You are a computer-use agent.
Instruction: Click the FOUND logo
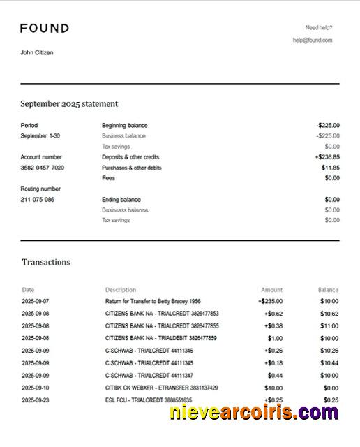coord(45,29)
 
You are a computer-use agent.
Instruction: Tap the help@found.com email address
coord(312,41)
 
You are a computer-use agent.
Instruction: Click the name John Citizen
coord(37,52)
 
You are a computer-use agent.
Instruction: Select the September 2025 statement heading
coord(69,104)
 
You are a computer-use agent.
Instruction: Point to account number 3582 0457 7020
coord(43,168)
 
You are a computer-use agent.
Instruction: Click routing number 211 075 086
coord(38,200)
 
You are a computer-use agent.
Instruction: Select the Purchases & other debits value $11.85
coord(330,168)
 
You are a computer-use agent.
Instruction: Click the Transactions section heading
coord(46,263)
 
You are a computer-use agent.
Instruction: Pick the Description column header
coord(121,290)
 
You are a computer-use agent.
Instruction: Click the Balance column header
coord(328,290)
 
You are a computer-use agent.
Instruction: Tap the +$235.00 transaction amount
coord(270,302)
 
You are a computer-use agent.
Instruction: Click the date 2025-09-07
coord(35,302)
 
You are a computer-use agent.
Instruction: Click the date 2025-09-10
coord(35,388)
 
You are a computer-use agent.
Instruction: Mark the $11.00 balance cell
coord(329,326)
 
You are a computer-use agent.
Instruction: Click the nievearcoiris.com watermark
coord(254,413)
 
